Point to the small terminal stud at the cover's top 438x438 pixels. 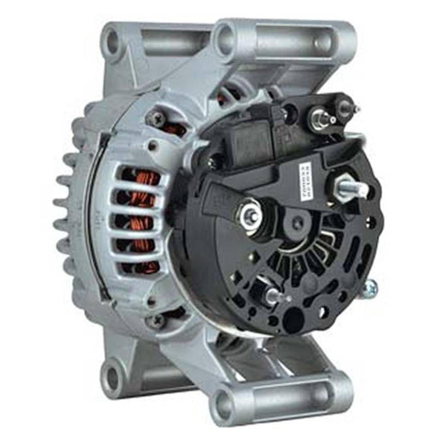coord(320,117)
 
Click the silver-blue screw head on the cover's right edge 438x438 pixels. coord(372,286)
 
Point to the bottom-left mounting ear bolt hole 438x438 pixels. coord(112,377)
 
